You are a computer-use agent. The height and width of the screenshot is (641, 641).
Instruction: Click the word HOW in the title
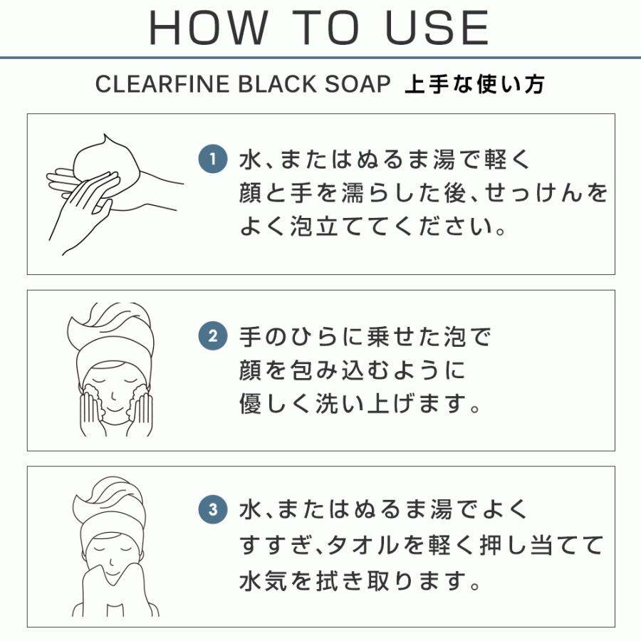point(209,27)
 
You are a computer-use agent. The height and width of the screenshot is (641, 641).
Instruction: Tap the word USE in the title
point(437,27)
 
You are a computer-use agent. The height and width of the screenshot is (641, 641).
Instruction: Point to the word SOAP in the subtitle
point(358,84)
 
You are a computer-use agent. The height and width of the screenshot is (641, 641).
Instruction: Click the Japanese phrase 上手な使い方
point(474,84)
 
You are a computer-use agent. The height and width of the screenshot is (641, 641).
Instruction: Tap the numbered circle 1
point(212,159)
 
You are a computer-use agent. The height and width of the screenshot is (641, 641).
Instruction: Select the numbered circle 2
point(212,336)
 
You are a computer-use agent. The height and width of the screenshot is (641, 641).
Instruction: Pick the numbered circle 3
point(212,509)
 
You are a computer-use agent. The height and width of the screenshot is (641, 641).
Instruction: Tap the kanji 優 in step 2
point(250,404)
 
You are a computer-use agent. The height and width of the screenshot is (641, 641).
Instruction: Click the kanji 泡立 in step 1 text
point(314,226)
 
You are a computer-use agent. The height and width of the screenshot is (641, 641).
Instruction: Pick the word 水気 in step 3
point(264,580)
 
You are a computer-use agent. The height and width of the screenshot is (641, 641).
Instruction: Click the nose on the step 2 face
point(113,396)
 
